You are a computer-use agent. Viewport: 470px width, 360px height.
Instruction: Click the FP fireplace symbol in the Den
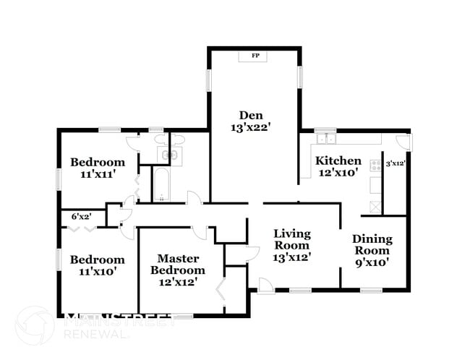pos(255,56)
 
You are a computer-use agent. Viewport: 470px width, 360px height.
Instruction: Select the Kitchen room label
pos(338,160)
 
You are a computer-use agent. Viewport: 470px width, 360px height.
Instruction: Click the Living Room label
pos(291,239)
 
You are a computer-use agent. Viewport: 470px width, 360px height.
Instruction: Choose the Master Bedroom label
pos(178,264)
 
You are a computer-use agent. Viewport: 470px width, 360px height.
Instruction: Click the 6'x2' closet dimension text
pos(81,216)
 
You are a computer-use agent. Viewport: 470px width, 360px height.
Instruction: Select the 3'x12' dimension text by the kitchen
pos(396,163)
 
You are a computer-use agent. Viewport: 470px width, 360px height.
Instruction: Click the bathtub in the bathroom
pos(161,184)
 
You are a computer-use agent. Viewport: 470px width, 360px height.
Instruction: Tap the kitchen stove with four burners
pos(375,166)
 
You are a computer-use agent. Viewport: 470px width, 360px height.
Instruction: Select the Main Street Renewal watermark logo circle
pos(35,325)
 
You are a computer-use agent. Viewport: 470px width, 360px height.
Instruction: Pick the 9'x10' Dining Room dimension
pos(372,262)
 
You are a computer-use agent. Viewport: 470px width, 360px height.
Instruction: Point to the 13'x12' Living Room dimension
pos(291,257)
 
